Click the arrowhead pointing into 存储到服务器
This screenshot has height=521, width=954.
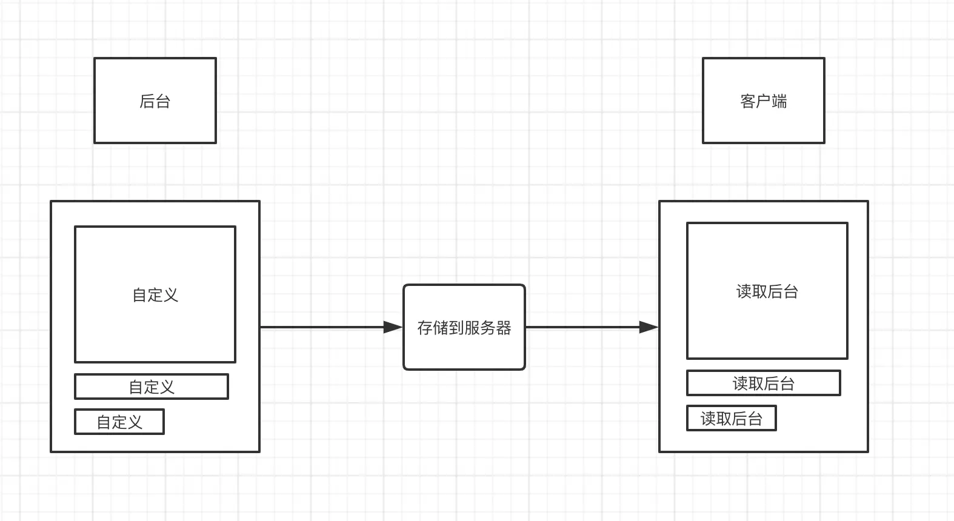393,327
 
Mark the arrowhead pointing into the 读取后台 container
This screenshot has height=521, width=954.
649,327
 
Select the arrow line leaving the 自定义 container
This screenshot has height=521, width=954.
321,327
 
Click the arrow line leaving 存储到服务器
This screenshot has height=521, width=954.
582,327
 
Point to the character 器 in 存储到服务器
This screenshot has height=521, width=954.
504,328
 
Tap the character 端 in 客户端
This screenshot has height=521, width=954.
779,101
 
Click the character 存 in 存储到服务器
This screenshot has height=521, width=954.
425,328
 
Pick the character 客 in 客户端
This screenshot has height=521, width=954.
748,101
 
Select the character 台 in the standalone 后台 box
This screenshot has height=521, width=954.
163,101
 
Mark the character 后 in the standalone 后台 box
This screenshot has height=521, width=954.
147,101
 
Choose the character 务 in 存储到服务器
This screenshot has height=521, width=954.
488,328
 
